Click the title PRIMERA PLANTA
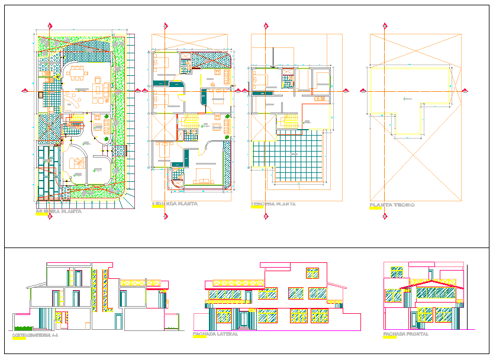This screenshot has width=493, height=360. click(x=59, y=211)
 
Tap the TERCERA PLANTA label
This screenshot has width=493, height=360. click(x=273, y=204)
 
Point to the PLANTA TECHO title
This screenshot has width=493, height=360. click(x=392, y=205)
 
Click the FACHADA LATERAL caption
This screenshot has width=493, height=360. click(x=215, y=335)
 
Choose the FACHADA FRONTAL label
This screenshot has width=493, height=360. click(x=405, y=335)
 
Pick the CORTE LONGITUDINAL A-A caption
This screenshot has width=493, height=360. click(x=35, y=336)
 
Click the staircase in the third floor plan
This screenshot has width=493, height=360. click(x=288, y=121)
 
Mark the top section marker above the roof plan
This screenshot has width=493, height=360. click(x=385, y=26)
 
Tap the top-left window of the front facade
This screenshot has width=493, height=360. click(x=396, y=272)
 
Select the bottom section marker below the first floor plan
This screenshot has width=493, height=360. click(x=50, y=216)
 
